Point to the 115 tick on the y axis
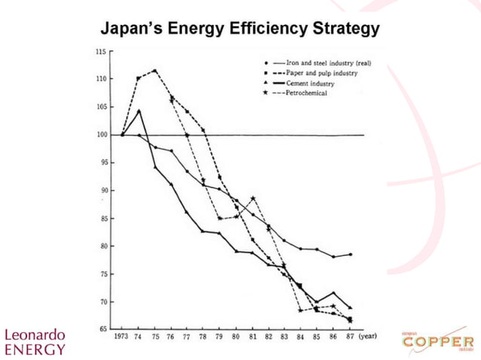coord(100,51)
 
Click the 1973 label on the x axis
coord(121,338)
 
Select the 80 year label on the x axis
coord(236,338)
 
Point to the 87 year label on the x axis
coord(350,338)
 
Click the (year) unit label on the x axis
coord(367,338)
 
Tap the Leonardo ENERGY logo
coord(35,341)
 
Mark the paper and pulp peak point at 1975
coord(155,71)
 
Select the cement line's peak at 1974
coord(139,111)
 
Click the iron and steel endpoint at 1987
coord(350,255)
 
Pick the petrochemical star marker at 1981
coord(253,198)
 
